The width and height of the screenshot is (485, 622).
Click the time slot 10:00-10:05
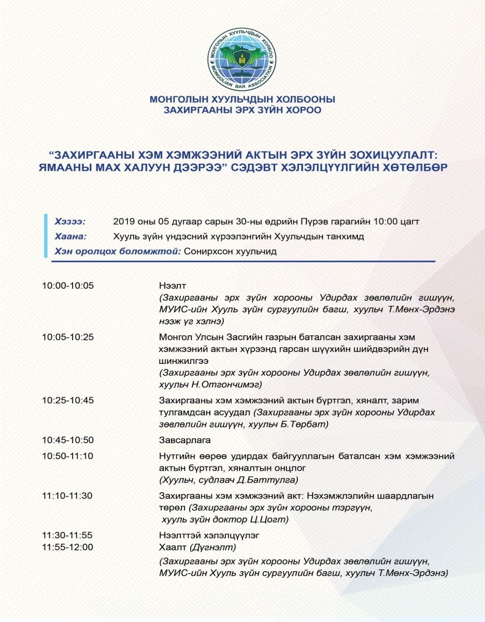pos(68,286)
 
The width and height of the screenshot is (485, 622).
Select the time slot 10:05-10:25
pos(68,337)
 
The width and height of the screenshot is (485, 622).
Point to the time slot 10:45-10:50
pos(68,440)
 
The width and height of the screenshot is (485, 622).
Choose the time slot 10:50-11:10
pos(68,456)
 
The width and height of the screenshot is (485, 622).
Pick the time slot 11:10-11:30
pos(68,496)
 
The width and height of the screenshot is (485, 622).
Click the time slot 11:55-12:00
pos(68,547)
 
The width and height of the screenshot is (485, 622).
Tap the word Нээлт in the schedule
pos(172,286)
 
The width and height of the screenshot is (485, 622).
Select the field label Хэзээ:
pos(70,221)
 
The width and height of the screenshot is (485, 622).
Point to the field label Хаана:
pos(70,236)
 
